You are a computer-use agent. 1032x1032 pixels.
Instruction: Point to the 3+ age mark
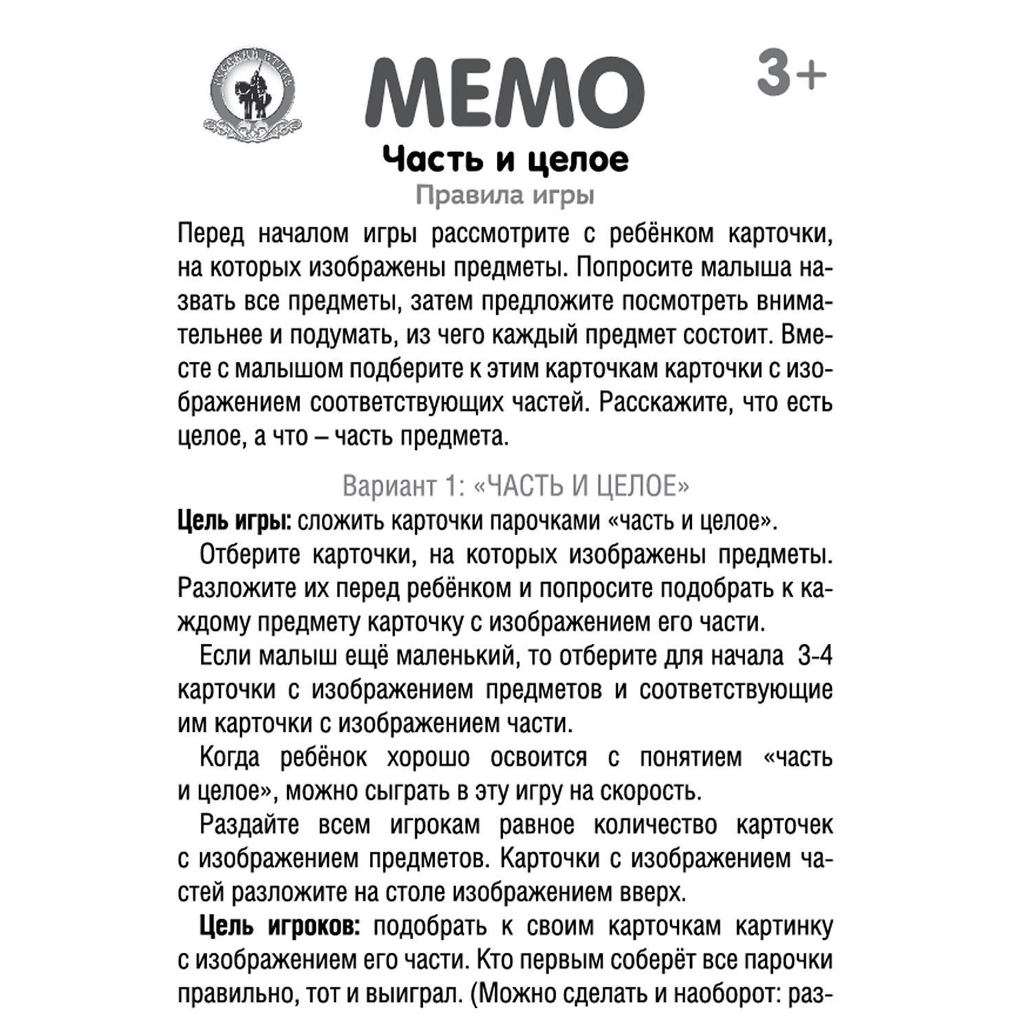[x=791, y=74]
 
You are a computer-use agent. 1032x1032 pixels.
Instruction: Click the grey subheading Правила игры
[x=504, y=195]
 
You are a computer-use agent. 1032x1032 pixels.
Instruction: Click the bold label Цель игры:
[x=235, y=521]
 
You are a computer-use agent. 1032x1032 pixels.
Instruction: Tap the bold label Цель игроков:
[x=279, y=926]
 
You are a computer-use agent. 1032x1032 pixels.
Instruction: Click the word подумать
[x=342, y=336]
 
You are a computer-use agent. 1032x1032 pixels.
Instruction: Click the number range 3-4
[x=815, y=656]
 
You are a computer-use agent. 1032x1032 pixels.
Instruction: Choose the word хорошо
[x=428, y=757]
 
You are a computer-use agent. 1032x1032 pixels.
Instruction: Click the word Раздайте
[x=249, y=825]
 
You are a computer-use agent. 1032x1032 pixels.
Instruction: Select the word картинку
[x=784, y=926]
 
